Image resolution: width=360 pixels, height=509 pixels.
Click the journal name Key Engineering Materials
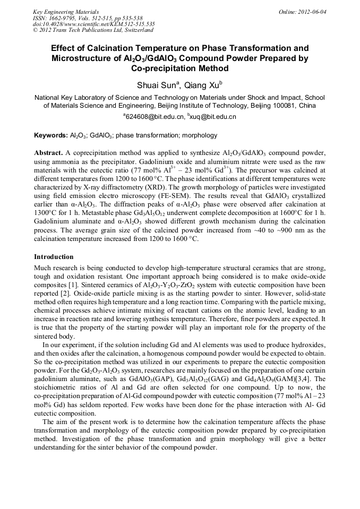65,12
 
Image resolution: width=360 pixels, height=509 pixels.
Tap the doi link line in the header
93,24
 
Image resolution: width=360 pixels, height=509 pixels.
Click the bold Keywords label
50,135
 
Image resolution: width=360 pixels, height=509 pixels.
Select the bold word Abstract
49,152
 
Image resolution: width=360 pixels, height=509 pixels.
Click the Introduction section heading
54,256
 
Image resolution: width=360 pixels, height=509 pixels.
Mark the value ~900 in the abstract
265,230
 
